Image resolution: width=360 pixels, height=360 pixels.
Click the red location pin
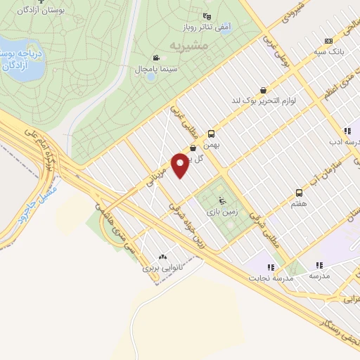point(181,165)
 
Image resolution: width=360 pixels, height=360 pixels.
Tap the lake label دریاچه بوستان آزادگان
point(19,59)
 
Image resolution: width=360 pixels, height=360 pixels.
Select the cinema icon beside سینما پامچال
point(155,58)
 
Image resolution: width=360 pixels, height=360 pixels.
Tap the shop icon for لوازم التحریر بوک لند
point(263,90)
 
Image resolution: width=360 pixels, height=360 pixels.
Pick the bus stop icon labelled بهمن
point(211,133)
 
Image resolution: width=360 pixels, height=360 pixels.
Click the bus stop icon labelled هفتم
point(300,193)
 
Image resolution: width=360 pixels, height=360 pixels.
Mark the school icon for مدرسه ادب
point(347,131)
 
